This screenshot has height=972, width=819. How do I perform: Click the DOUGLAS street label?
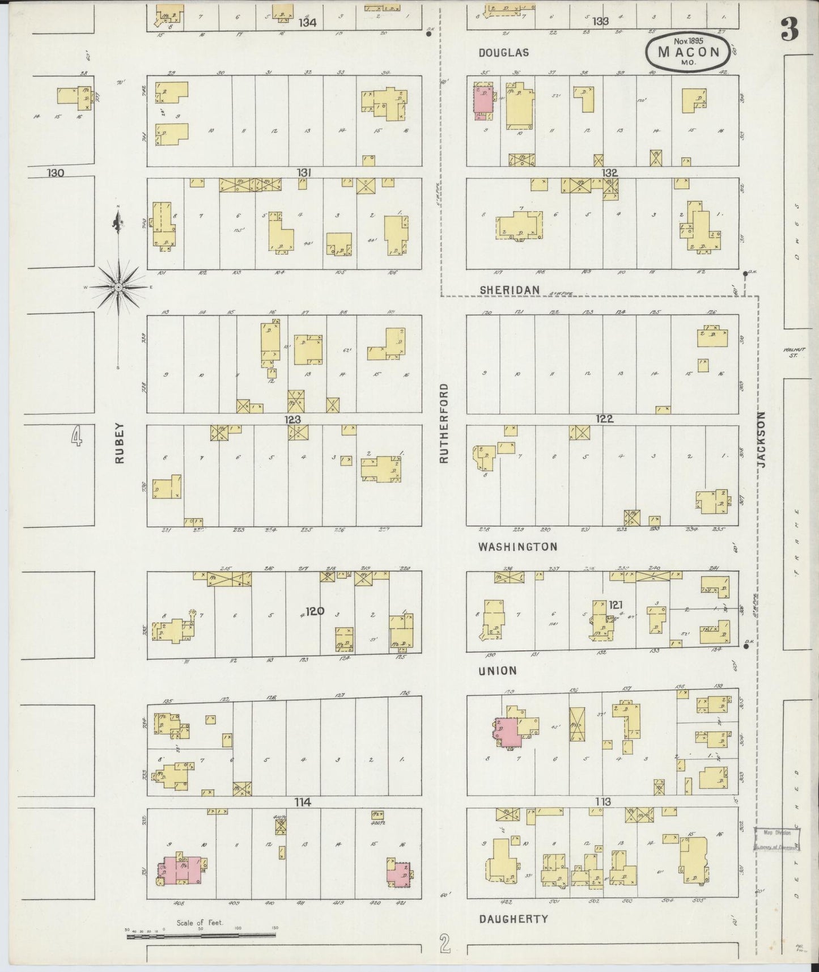[x=503, y=53]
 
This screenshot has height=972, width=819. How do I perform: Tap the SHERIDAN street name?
[x=509, y=290]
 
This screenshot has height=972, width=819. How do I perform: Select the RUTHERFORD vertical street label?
[x=444, y=423]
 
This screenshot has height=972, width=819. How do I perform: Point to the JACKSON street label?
[x=761, y=439]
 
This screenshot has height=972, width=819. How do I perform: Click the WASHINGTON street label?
[x=517, y=547]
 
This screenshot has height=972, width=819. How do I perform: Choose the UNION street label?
[x=497, y=671]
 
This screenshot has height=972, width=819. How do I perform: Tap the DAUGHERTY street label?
[x=513, y=919]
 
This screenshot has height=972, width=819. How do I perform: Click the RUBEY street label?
[x=119, y=445]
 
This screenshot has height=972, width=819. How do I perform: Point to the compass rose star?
[x=118, y=288]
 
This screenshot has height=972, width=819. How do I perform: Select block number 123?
[x=293, y=420]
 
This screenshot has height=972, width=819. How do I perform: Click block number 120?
[x=315, y=611]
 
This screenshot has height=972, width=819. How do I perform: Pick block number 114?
[x=303, y=802]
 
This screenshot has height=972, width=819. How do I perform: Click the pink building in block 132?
[x=482, y=103]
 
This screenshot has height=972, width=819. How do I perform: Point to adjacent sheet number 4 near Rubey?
[x=76, y=437]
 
